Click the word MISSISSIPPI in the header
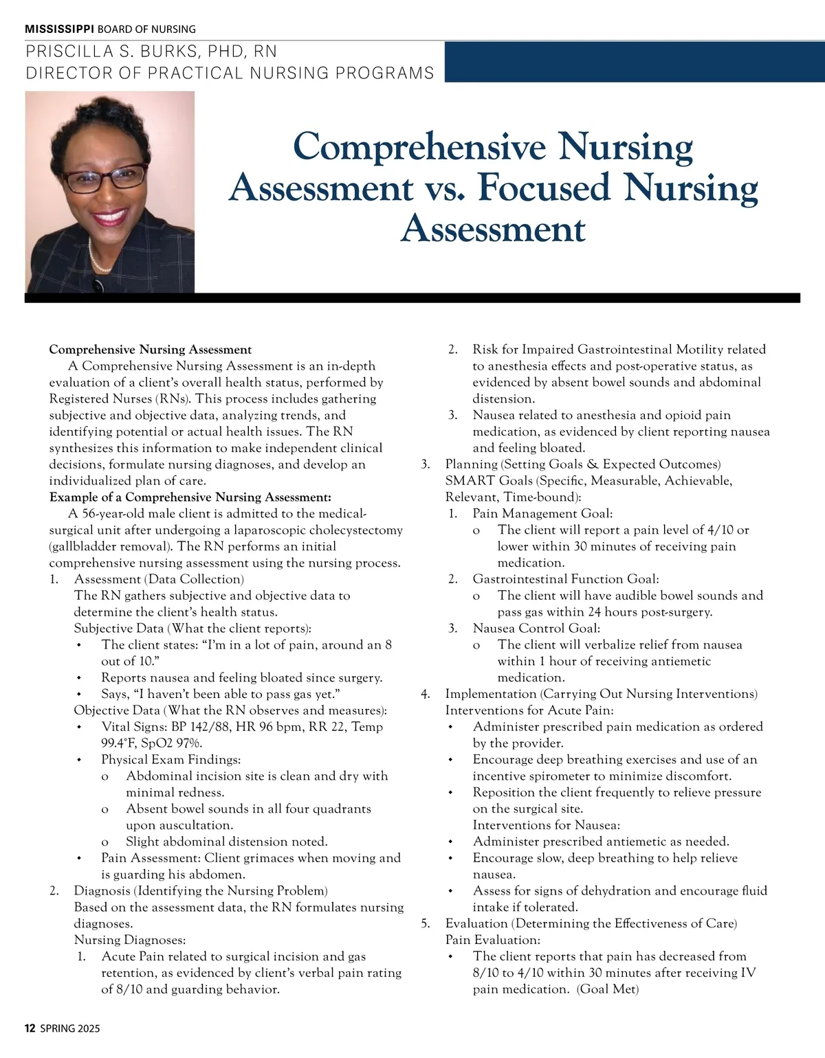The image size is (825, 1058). click(x=60, y=29)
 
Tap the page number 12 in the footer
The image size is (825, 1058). click(x=30, y=1028)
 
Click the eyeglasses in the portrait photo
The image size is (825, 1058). click(x=105, y=178)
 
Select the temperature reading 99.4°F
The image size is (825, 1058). click(x=121, y=743)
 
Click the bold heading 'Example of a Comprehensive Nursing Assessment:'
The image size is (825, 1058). click(x=190, y=497)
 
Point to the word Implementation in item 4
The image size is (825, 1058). click(x=490, y=694)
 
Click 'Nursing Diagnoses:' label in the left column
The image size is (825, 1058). click(x=130, y=940)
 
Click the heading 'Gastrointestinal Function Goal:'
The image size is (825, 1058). click(x=566, y=579)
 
